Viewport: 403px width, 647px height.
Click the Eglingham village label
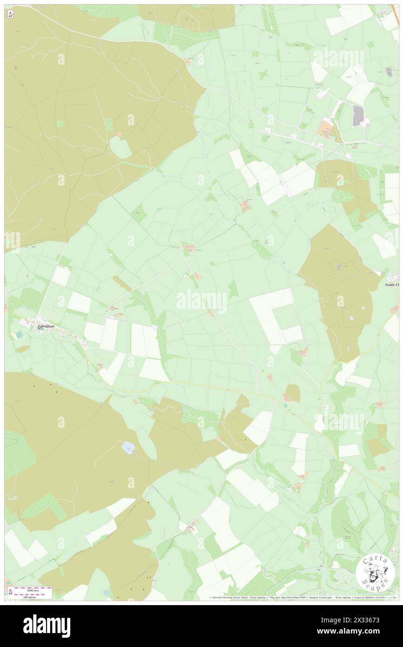tap(46, 327)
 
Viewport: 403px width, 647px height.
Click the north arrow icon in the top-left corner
tap(10, 14)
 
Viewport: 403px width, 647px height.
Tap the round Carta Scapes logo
tap(375, 572)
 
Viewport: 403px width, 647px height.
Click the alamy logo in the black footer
tap(47, 626)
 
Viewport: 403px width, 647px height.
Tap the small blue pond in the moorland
tap(128, 448)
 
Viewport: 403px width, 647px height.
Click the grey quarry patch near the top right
tap(358, 116)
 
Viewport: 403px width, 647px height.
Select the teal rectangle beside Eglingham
tap(18, 335)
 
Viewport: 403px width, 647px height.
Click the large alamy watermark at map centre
tap(201, 302)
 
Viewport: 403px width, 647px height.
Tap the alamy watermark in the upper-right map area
tap(338, 58)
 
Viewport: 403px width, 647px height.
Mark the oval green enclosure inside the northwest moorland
tap(120, 148)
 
